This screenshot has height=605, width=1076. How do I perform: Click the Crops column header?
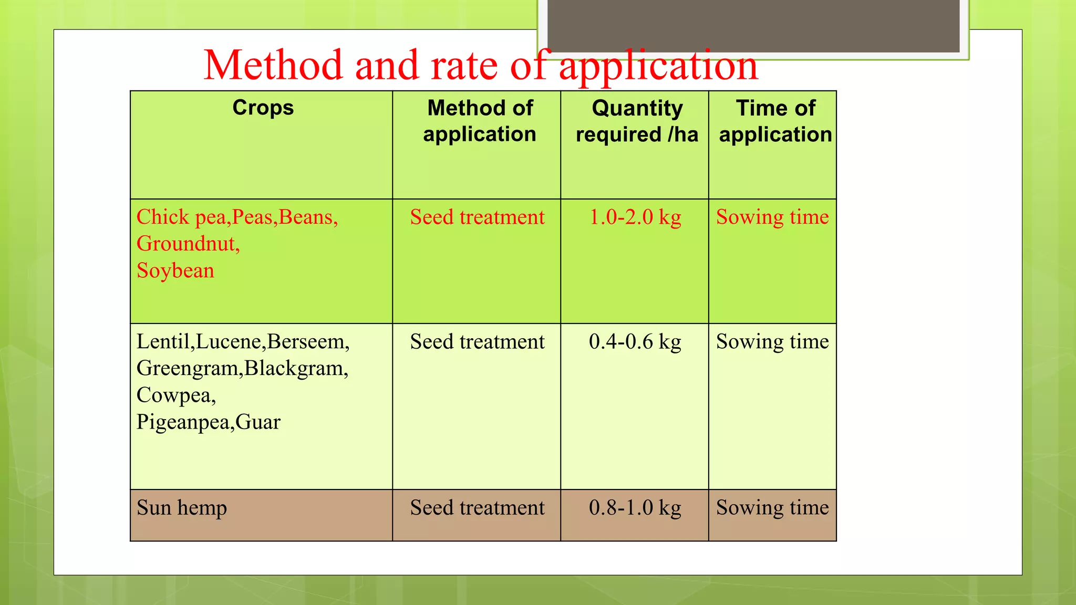pos(263,108)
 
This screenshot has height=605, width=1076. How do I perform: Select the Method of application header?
pos(479,121)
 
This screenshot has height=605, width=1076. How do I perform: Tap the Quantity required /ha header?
pos(637,121)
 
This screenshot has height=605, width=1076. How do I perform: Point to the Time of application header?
pos(775,121)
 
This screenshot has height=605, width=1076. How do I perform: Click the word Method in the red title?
pos(273,65)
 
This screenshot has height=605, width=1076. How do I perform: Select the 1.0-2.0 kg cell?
pos(635,217)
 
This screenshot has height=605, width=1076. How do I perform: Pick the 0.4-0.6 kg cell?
pos(635,342)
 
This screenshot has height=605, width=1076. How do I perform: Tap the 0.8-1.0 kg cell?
pos(635,508)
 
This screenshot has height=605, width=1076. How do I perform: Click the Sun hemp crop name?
pos(182,508)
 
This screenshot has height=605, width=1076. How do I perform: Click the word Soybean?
pos(175,271)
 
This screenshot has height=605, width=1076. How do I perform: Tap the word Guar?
pos(257,422)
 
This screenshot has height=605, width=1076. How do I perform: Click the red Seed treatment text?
pos(477,217)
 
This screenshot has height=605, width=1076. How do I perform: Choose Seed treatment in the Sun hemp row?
pos(477,508)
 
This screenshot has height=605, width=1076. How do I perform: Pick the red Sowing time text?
pos(772,217)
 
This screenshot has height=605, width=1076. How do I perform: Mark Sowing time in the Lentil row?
pos(772,342)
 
